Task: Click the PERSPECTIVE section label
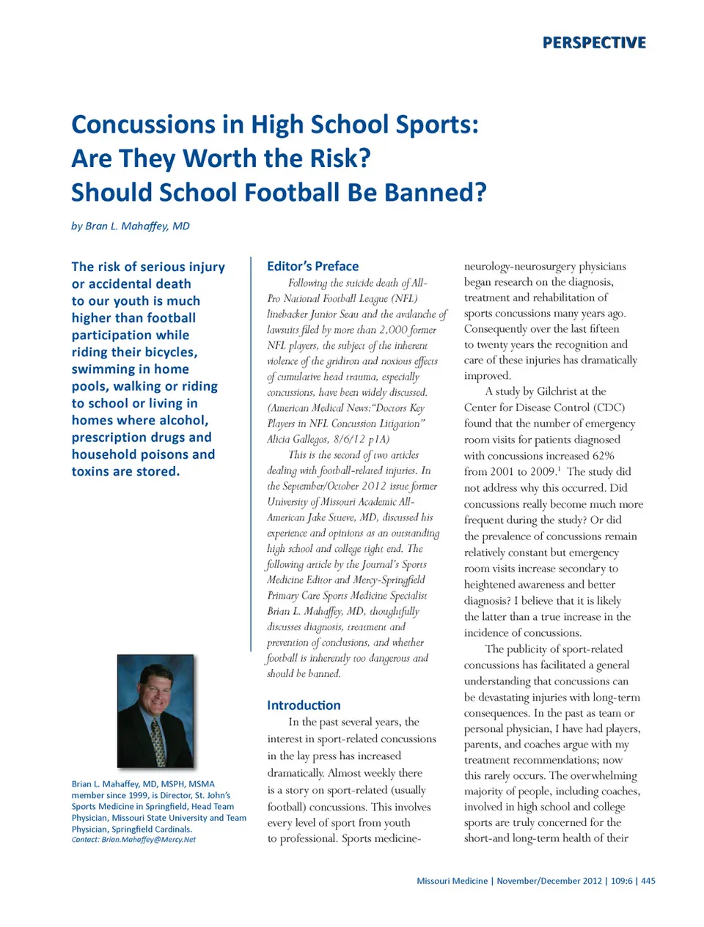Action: (594, 43)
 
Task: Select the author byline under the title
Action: (131, 226)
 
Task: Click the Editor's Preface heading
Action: (313, 266)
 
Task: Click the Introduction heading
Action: (304, 705)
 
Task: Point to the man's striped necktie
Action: (158, 740)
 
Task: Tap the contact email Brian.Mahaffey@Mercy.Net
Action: (148, 840)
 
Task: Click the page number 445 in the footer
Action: (648, 881)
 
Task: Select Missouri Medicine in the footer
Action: (452, 881)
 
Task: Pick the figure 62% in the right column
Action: (603, 456)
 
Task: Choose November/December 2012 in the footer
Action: (549, 881)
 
